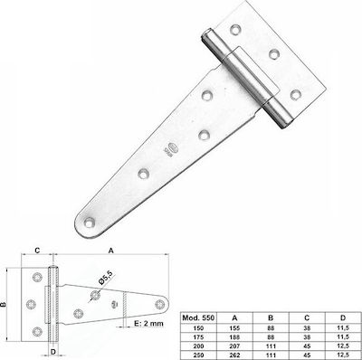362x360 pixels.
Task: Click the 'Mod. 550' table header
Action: [x=198, y=317]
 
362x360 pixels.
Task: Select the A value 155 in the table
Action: [x=234, y=328]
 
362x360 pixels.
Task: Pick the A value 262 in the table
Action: [x=234, y=355]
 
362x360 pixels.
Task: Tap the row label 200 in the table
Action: [x=198, y=346]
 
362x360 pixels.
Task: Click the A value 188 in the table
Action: [x=234, y=337]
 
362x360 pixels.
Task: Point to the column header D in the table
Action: [x=343, y=317]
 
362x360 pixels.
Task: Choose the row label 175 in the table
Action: [x=198, y=337]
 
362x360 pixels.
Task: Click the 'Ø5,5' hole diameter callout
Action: [x=105, y=278]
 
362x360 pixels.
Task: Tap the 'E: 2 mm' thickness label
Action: [x=148, y=324]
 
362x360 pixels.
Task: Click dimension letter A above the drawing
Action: [x=111, y=251]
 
